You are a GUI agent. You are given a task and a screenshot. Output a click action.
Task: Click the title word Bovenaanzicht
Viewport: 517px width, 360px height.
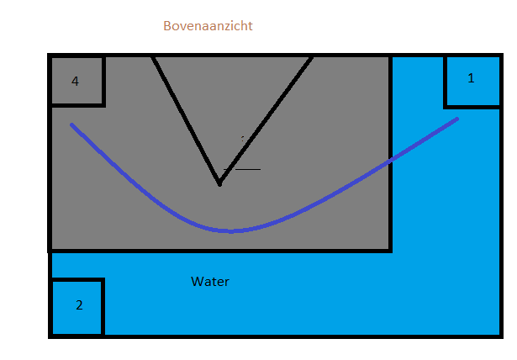click(x=208, y=26)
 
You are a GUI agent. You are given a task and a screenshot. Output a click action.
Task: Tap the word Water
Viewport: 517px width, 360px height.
click(x=210, y=282)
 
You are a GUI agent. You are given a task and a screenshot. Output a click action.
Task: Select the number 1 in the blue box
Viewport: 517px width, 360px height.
click(x=471, y=78)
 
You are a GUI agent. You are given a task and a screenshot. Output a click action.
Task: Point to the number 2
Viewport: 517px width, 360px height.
click(x=79, y=305)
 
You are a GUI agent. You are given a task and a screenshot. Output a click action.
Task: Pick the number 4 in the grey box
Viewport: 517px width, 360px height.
click(x=75, y=82)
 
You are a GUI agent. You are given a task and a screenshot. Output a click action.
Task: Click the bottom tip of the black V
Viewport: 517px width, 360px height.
click(x=219, y=183)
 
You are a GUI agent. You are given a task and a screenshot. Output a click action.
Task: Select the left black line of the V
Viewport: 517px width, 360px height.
click(x=186, y=119)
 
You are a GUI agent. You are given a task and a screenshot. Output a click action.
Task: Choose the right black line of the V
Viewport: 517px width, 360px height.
click(x=266, y=119)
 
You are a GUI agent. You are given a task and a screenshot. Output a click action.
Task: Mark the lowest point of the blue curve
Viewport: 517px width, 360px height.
click(x=230, y=230)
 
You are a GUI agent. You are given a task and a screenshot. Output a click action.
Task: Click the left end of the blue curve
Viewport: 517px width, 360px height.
click(x=71, y=124)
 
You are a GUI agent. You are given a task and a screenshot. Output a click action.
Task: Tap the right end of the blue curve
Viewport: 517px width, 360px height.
click(x=457, y=119)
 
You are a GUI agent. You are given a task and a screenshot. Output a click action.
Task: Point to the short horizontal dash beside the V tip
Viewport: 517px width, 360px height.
click(x=248, y=169)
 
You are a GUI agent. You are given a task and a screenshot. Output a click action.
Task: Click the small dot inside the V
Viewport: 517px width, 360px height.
click(x=242, y=138)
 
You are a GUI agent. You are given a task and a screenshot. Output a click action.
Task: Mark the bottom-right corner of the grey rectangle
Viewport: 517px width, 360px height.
click(x=390, y=250)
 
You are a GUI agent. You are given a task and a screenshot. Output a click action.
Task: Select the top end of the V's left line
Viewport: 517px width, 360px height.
click(x=153, y=56)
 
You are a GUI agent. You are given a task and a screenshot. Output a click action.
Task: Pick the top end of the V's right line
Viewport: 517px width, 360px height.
click(x=312, y=56)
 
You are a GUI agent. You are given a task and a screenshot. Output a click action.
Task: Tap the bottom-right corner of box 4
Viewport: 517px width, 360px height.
click(x=103, y=105)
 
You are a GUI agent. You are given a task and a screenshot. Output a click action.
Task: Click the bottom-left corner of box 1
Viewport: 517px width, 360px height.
click(x=445, y=106)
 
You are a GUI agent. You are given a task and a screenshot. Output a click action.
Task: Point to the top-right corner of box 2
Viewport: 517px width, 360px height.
click(x=103, y=280)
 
